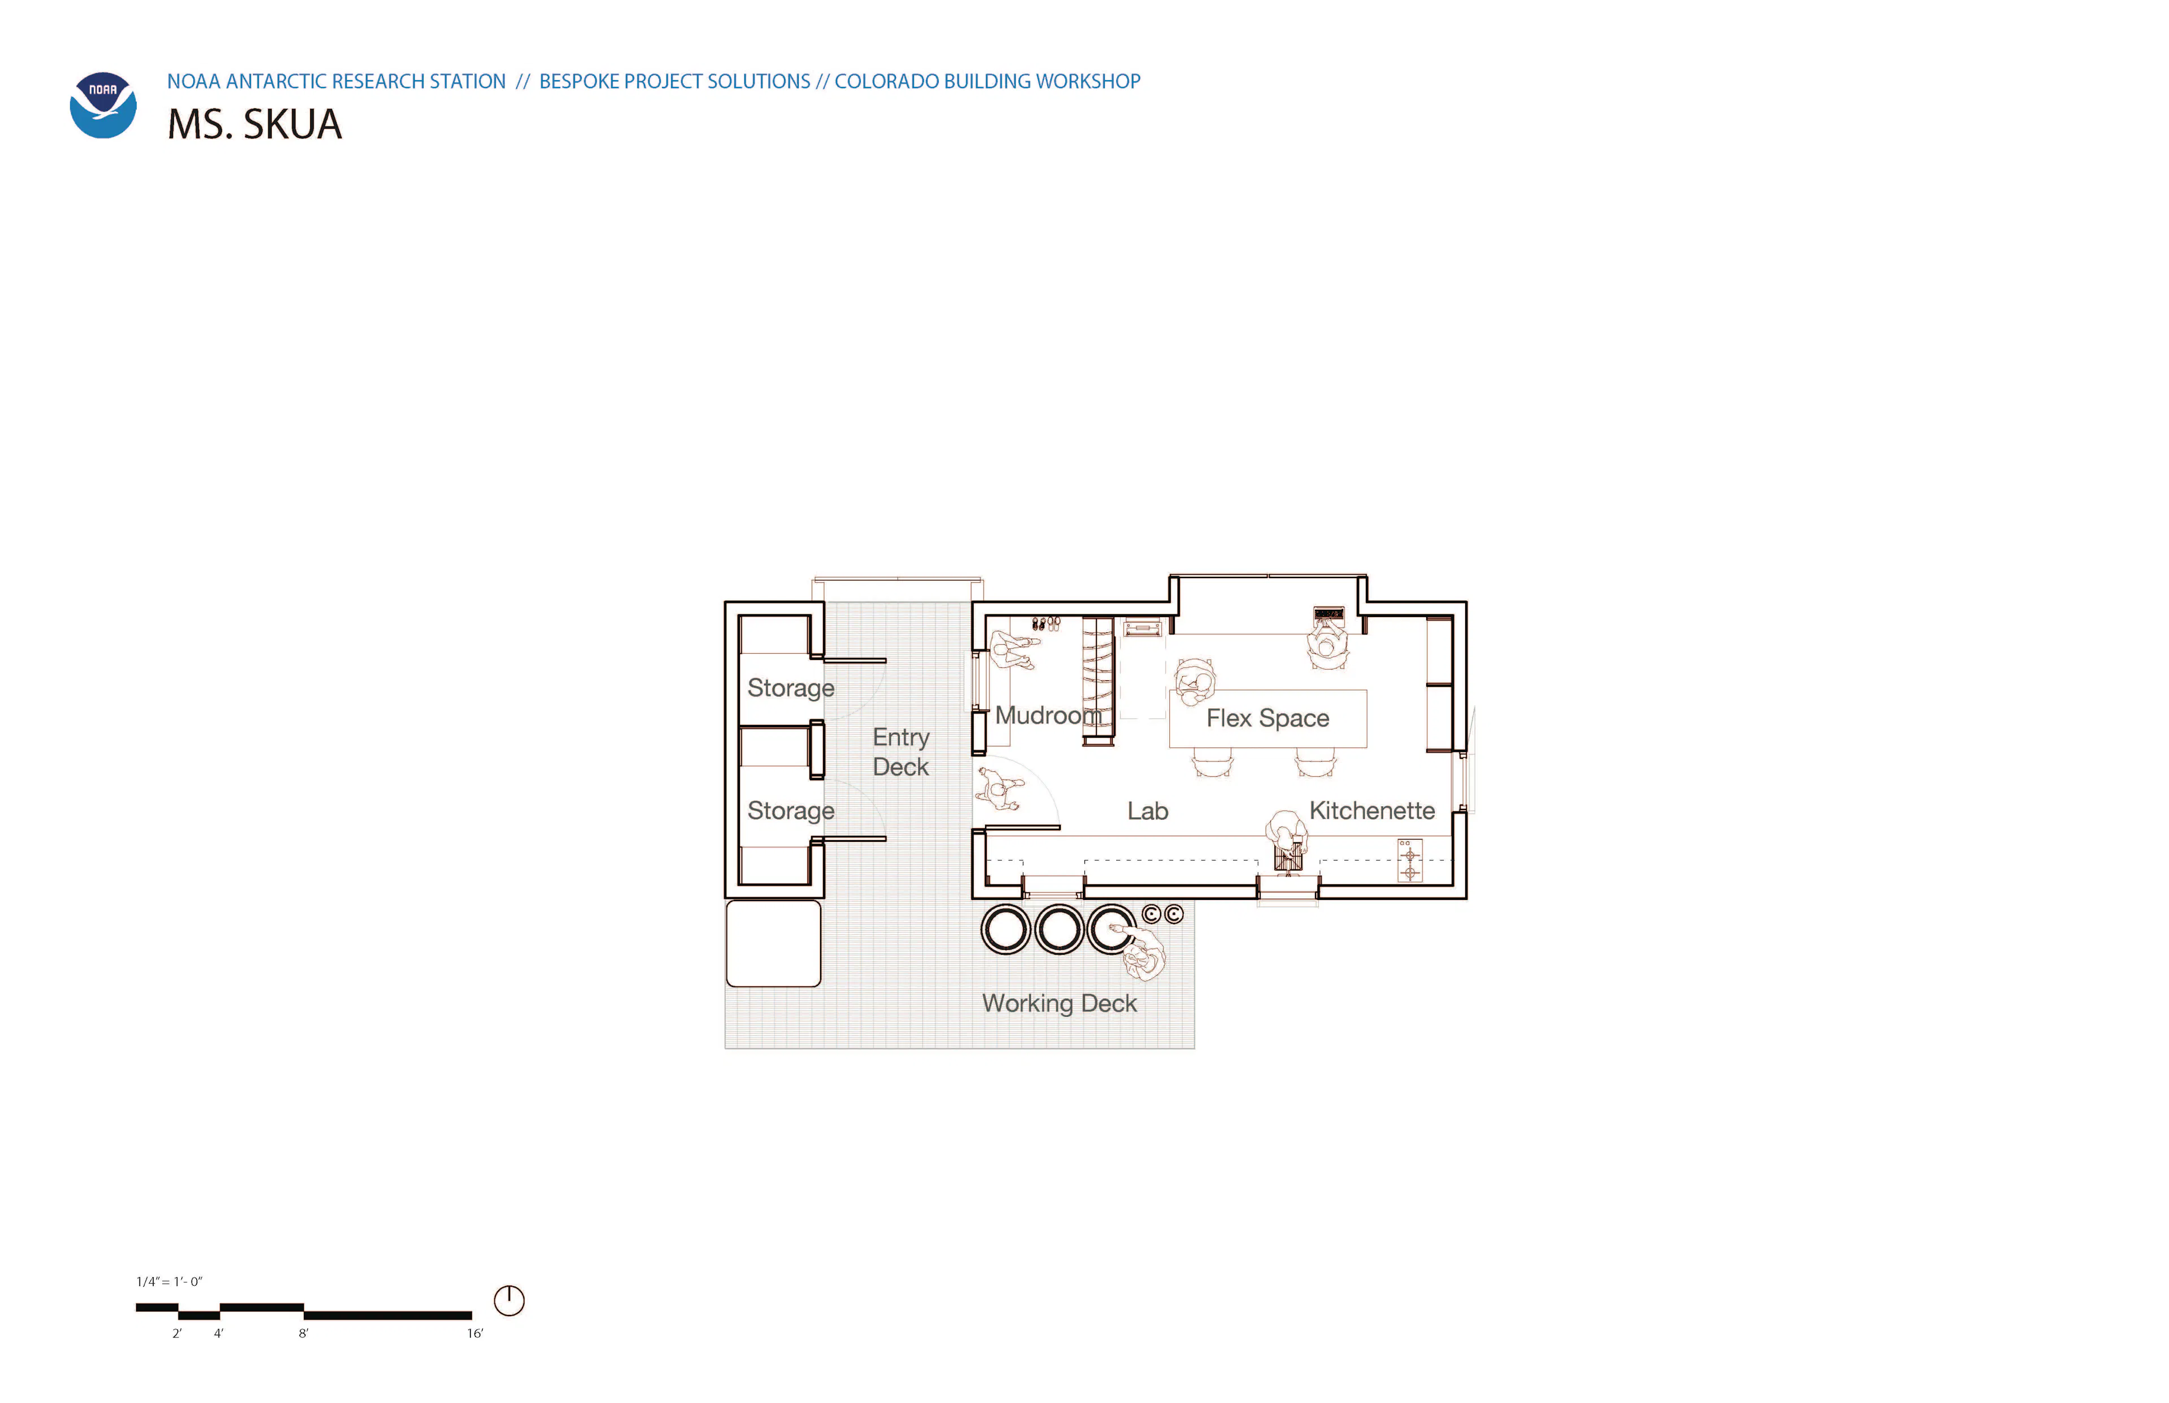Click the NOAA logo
[x=103, y=105]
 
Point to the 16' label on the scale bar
[x=475, y=1333]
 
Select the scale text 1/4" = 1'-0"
[x=169, y=1281]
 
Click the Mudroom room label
[x=1048, y=715]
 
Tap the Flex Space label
[x=1268, y=718]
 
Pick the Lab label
[x=1147, y=811]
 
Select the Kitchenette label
[x=1371, y=810]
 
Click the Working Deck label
[x=1059, y=1003]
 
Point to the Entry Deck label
[x=900, y=751]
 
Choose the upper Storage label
[x=790, y=688]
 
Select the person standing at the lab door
[x=1001, y=789]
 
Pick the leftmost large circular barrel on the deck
[x=1005, y=929]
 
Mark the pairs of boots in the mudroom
[x=1046, y=624]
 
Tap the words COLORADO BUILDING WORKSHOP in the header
[x=987, y=81]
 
